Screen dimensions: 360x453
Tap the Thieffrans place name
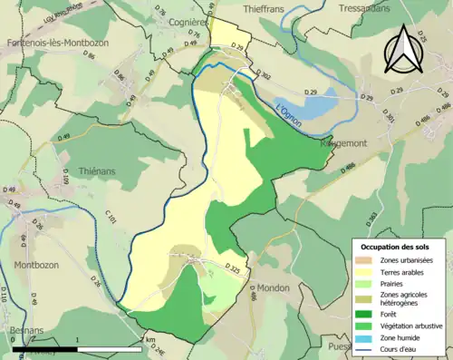pos(270,7)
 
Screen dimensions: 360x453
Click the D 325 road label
pos(233,269)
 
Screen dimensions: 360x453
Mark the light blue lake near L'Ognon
pos(306,107)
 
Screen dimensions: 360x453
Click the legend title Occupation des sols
pos(396,247)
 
